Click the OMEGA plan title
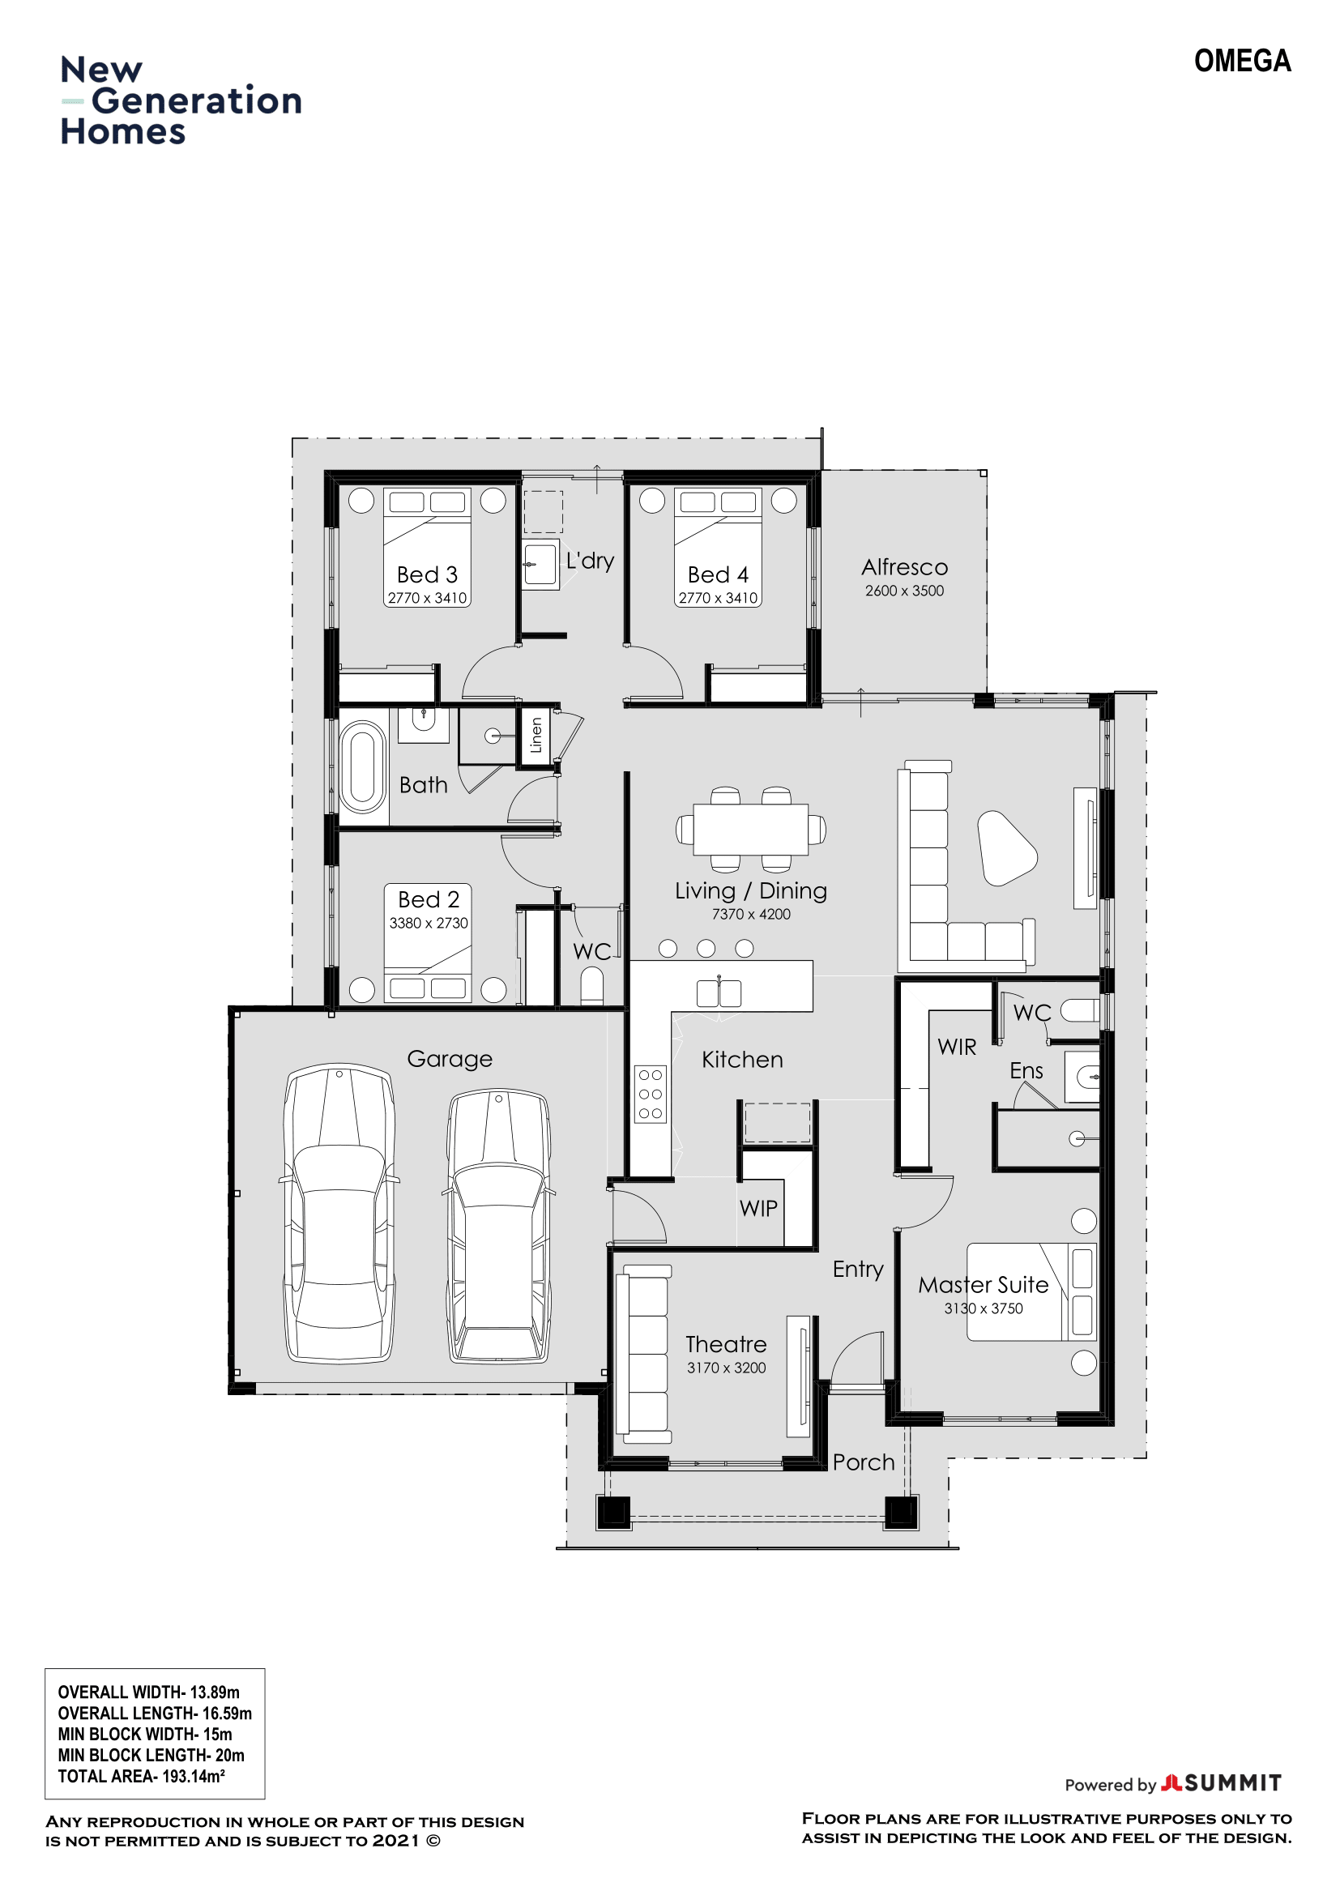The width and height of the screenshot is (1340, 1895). click(1242, 61)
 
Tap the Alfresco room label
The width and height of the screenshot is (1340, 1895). click(904, 567)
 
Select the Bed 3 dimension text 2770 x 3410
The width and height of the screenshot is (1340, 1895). click(428, 598)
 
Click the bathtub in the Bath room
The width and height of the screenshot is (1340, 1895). click(362, 767)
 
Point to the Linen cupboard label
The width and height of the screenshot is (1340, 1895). click(536, 735)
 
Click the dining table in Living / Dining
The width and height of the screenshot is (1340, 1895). click(751, 830)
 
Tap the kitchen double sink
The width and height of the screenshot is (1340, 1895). click(719, 994)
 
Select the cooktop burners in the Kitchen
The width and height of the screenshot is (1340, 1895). click(651, 1095)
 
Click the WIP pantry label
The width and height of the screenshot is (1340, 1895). click(758, 1208)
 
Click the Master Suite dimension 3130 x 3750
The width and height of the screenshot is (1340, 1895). click(984, 1308)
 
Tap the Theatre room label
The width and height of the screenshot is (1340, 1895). click(726, 1345)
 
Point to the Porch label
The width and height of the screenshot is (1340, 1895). click(863, 1462)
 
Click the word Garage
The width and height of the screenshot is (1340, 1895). click(450, 1059)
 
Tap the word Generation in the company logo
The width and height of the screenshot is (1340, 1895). click(196, 100)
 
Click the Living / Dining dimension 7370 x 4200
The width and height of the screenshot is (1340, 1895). click(751, 914)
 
